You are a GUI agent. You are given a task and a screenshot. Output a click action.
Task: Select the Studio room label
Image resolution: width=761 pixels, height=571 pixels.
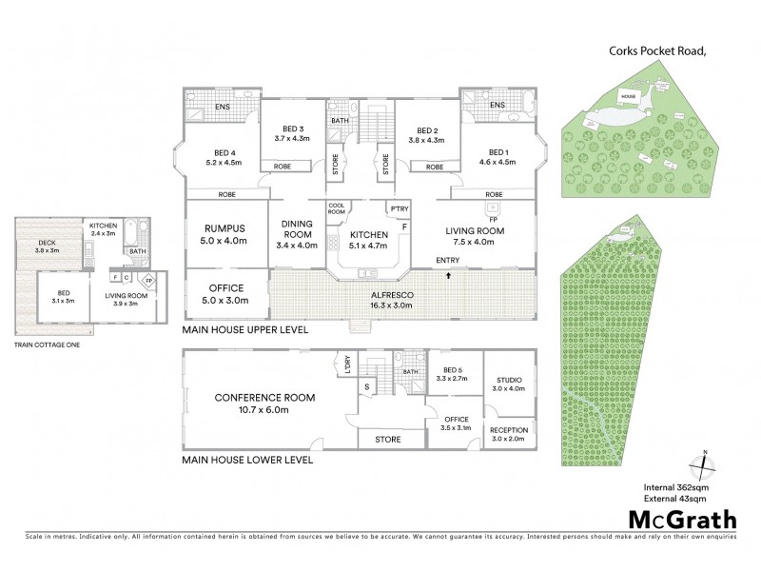click(x=509, y=382)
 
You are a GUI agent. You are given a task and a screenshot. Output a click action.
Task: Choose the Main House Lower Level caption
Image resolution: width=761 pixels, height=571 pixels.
click(x=247, y=460)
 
